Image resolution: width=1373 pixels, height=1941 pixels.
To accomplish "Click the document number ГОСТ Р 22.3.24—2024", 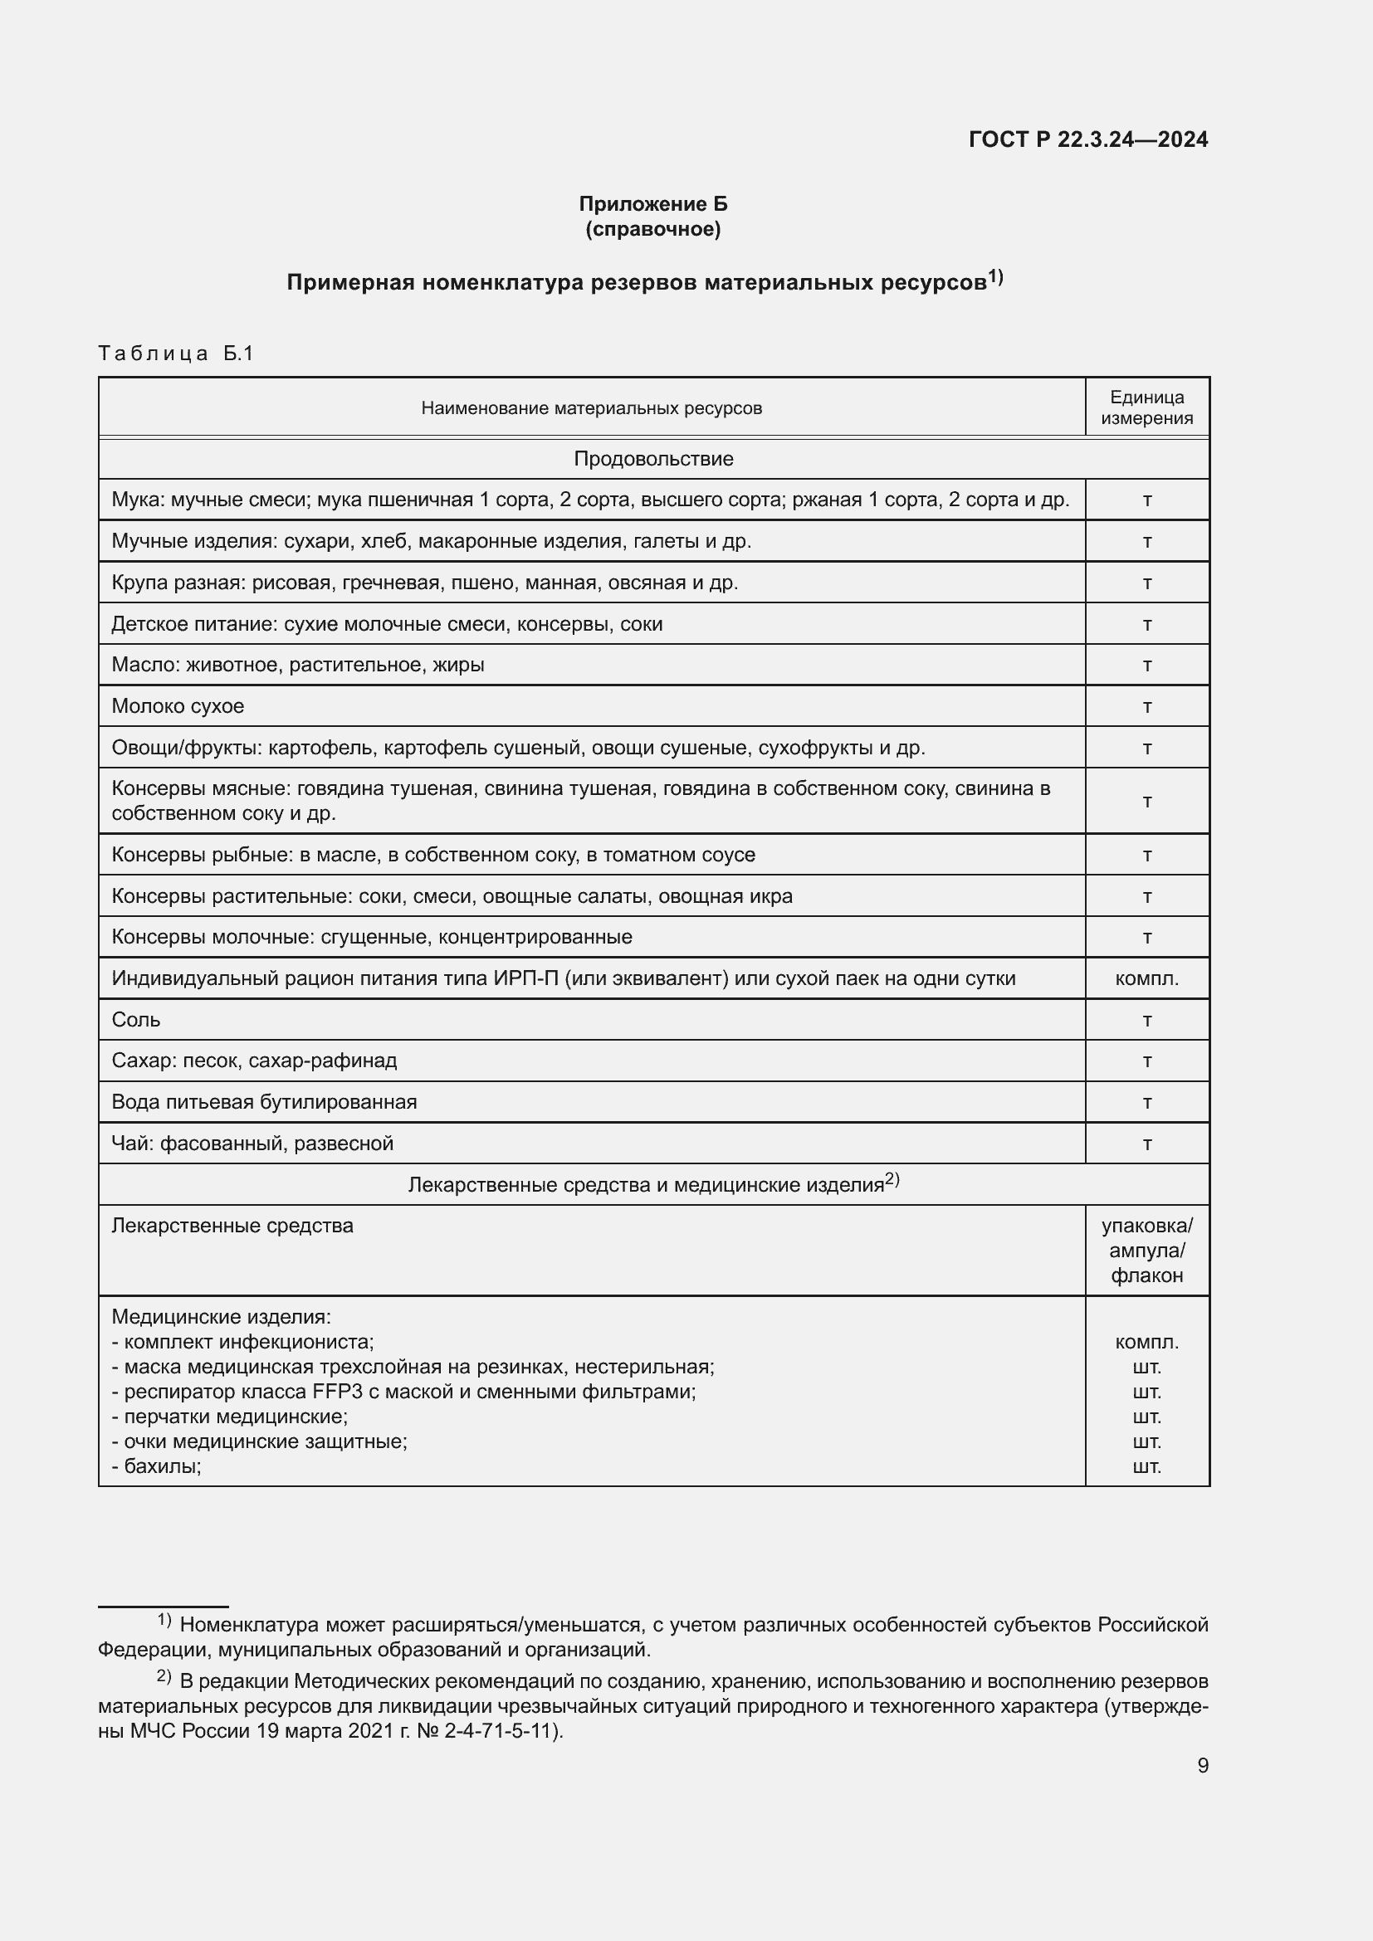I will pyautogui.click(x=1087, y=139).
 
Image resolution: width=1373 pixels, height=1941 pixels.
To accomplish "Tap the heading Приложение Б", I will pyautogui.click(x=652, y=204).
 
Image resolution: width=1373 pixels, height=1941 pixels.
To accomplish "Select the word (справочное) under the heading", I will pyautogui.click(x=652, y=229).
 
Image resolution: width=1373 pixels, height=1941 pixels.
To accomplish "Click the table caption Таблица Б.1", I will pyautogui.click(x=176, y=354).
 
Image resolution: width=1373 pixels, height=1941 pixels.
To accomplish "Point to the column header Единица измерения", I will pyautogui.click(x=1146, y=407).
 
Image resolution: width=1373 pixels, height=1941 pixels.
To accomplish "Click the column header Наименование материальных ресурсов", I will pyautogui.click(x=591, y=408).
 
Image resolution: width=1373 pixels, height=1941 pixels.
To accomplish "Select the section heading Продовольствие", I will pyautogui.click(x=652, y=459).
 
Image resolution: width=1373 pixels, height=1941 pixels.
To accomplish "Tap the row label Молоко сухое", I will pyautogui.click(x=178, y=706).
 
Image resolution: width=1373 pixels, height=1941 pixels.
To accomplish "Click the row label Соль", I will pyautogui.click(x=136, y=1020).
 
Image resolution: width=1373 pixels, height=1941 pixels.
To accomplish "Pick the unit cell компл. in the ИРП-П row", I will pyautogui.click(x=1146, y=978).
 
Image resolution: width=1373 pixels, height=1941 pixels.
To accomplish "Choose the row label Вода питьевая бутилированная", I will pyautogui.click(x=264, y=1101).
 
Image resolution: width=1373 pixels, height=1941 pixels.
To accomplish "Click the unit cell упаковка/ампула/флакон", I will pyautogui.click(x=1146, y=1251).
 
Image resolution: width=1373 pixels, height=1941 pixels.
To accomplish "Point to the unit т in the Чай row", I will pyautogui.click(x=1146, y=1143).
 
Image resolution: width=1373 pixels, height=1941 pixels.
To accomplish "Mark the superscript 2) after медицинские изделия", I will pyautogui.click(x=892, y=1179).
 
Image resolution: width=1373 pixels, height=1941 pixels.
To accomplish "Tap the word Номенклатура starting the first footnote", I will pyautogui.click(x=249, y=1625).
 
